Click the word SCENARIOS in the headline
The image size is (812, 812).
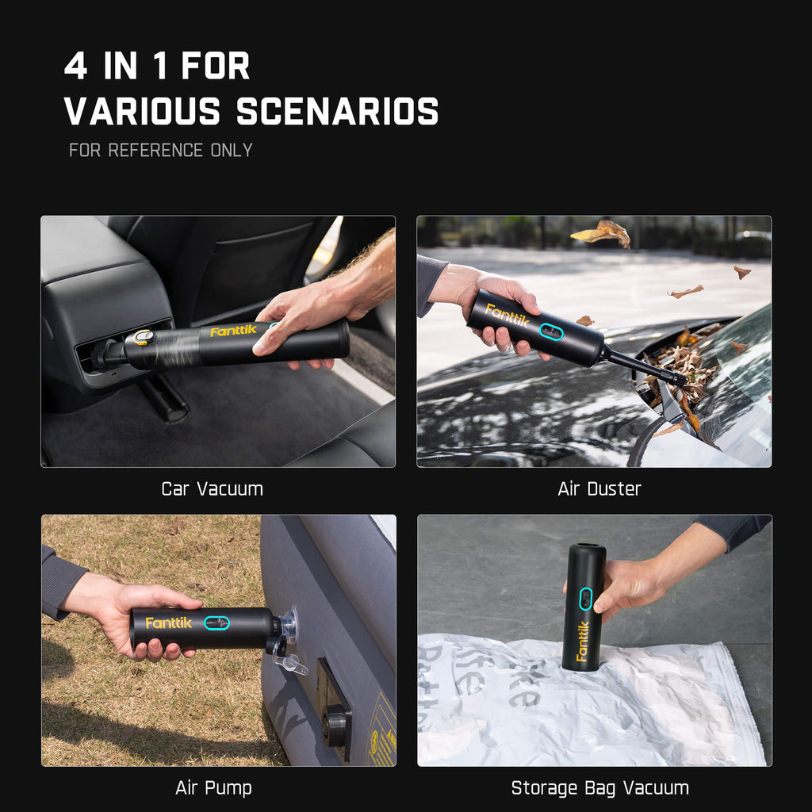337,111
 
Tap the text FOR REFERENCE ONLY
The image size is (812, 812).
160,150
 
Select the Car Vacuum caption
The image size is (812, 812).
212,488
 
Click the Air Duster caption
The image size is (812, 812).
599,488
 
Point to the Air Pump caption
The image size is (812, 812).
213,787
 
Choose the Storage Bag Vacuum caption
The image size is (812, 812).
599,787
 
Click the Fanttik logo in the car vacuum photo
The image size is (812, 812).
233,330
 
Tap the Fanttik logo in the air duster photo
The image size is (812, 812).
507,315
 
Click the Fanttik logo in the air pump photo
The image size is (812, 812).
168,622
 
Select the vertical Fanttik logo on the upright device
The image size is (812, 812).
583,641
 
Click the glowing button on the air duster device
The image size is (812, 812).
551,331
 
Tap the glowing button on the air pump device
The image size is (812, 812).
216,622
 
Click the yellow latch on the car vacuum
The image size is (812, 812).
143,338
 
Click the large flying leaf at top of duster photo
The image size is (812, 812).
602,232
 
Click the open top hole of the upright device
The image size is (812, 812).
586,548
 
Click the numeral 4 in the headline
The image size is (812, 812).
75,67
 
